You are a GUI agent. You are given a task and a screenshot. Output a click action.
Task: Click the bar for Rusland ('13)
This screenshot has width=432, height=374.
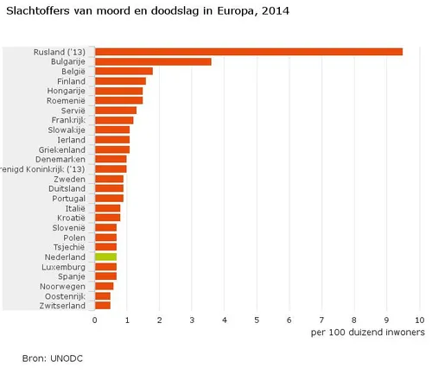click(249, 52)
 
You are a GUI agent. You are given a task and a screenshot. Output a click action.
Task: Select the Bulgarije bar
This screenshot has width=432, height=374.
click(153, 61)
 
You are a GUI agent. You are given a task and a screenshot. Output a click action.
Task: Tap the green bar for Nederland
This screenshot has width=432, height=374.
click(105, 257)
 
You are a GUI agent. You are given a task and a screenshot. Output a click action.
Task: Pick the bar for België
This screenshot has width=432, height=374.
click(124, 72)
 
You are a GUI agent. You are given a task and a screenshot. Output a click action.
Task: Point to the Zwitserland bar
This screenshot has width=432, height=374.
click(103, 306)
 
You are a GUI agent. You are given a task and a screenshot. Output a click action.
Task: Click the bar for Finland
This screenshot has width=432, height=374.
click(120, 81)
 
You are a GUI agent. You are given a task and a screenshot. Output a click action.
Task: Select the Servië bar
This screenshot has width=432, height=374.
click(116, 111)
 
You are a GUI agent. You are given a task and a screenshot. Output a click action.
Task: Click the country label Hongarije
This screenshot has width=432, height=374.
click(65, 91)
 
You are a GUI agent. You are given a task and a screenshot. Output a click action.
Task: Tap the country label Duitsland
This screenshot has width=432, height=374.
click(65, 188)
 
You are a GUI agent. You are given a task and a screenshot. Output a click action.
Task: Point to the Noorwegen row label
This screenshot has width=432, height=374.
click(64, 286)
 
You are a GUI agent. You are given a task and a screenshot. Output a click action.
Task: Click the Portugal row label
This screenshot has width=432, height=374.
click(67, 198)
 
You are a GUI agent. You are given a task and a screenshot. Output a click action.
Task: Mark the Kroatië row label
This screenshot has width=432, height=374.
click(68, 218)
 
